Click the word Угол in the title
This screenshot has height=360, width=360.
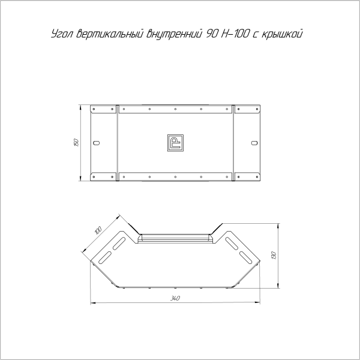[x=62, y=34]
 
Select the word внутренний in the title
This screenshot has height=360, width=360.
[x=174, y=34]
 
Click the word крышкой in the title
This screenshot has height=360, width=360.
[x=281, y=34]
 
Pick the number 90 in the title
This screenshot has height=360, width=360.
[x=211, y=34]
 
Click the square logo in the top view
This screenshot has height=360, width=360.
[x=175, y=143]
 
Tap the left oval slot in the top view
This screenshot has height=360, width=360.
[x=97, y=143]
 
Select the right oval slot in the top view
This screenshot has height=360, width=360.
[x=254, y=143]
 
